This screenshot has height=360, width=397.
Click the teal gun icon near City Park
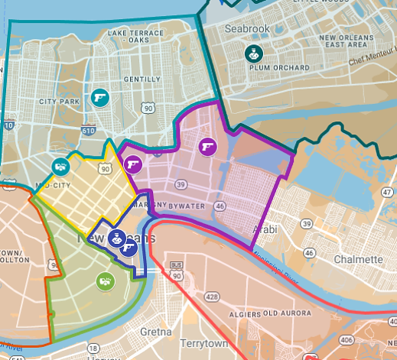99,97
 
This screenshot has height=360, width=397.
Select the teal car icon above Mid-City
60,165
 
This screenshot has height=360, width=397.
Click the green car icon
105,281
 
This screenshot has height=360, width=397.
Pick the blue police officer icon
116,238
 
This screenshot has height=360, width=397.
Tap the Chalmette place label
357,260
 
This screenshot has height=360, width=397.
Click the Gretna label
156,332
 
